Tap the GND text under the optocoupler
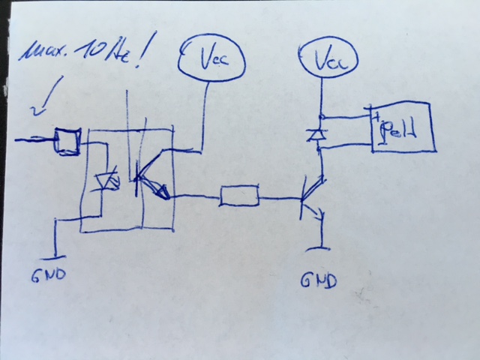coord(49,274)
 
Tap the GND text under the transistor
coord(318,281)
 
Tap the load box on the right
coord(403,132)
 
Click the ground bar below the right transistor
coord(322,247)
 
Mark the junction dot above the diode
coord(321,117)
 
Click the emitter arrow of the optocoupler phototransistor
coord(159,193)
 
